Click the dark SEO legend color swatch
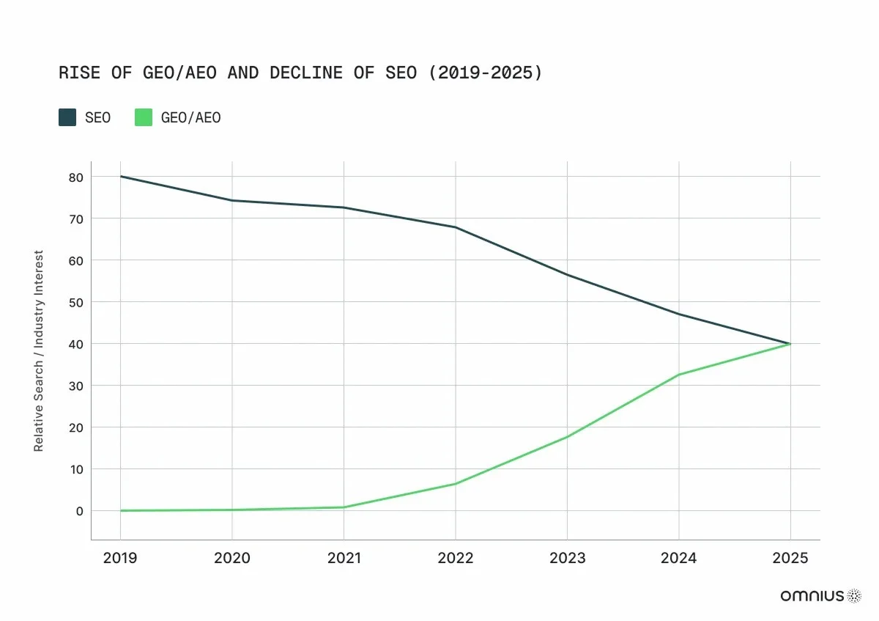tap(67, 117)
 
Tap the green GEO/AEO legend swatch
tap(144, 117)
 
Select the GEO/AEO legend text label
tap(190, 117)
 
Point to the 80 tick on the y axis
tap(76, 177)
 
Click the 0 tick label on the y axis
tap(79, 510)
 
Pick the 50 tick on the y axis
tap(76, 302)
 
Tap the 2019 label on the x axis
tap(120, 558)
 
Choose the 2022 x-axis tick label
tap(456, 558)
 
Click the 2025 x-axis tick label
tap(790, 558)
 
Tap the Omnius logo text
tap(812, 596)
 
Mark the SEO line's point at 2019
tap(121, 176)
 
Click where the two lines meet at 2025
tap(790, 344)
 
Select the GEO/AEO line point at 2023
tap(567, 437)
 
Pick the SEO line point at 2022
tap(456, 227)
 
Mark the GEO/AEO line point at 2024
tap(679, 375)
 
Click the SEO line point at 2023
tap(567, 275)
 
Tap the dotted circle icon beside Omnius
tap(854, 596)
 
